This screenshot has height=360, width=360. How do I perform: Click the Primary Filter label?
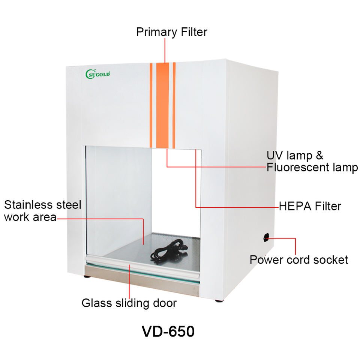[x=171, y=32]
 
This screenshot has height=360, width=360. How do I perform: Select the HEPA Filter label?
[x=310, y=206]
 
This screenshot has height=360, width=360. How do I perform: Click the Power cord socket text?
[x=299, y=259]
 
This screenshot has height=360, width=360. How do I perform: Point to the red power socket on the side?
[x=266, y=237]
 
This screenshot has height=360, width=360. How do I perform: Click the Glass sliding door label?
[x=129, y=303]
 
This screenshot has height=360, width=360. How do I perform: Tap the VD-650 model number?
[x=168, y=331]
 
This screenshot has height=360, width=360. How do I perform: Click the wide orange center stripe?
[x=163, y=105]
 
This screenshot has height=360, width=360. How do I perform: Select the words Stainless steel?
[x=42, y=205]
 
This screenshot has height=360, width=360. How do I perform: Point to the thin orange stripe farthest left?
[x=151, y=105]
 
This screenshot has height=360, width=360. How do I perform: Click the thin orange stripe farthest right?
[x=174, y=105]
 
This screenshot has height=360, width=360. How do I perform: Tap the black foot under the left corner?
[x=87, y=277]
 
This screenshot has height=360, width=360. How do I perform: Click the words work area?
[x=30, y=217]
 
